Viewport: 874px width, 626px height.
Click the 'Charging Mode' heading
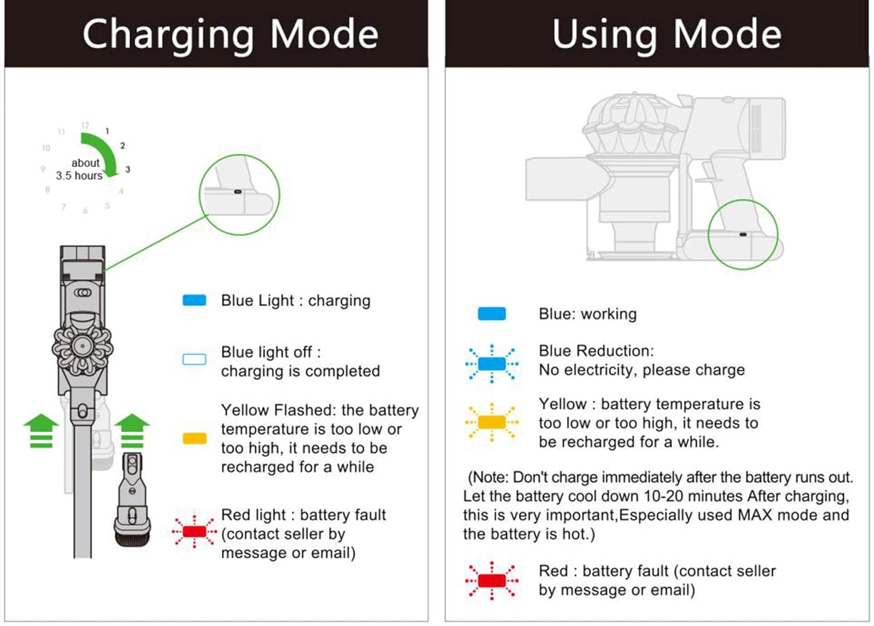(230, 34)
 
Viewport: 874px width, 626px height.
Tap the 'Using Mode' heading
(667, 34)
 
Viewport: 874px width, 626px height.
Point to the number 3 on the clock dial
(128, 169)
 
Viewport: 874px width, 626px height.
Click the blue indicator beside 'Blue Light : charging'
(194, 300)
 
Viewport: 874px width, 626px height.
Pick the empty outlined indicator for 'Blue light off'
(194, 359)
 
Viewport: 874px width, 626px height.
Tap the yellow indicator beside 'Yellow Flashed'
(195, 438)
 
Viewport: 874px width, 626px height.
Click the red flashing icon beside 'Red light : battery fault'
(195, 531)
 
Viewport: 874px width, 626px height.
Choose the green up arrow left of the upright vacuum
(41, 430)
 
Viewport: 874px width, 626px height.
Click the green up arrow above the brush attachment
(132, 430)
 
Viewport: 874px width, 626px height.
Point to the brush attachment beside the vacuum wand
(133, 501)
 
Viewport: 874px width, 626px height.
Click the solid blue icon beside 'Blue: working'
(492, 314)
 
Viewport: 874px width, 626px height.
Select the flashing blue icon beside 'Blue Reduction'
(492, 364)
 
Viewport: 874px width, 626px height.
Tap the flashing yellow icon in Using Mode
(492, 422)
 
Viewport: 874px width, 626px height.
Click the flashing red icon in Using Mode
(492, 581)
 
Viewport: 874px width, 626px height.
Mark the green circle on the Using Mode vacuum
(743, 234)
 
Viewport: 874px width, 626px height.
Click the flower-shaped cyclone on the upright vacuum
(82, 348)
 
